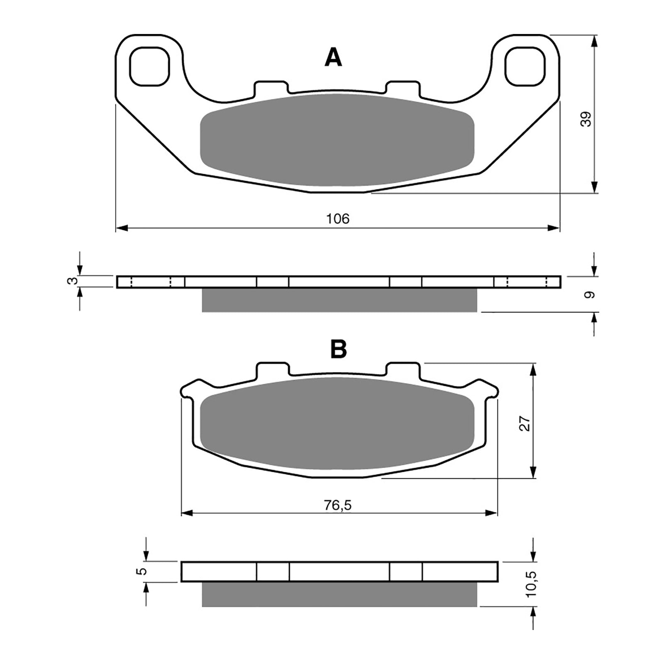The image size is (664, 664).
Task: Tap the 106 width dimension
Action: click(x=337, y=219)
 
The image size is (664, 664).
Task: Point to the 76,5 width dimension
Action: click(x=337, y=505)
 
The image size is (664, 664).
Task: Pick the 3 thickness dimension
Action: click(x=71, y=281)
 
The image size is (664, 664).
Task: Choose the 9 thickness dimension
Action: click(x=589, y=295)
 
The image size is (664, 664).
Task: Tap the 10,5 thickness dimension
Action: click(x=532, y=583)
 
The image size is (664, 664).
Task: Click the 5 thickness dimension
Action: click(x=142, y=571)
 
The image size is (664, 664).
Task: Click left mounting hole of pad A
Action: click(x=150, y=66)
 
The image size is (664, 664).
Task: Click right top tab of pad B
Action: click(x=403, y=370)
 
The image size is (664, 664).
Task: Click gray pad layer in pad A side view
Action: click(x=339, y=300)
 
